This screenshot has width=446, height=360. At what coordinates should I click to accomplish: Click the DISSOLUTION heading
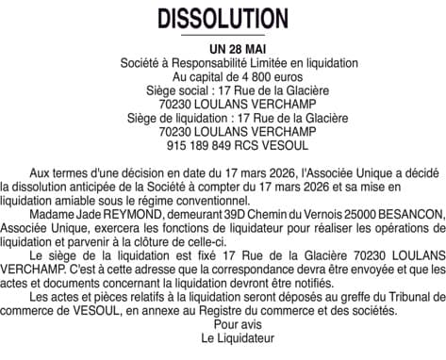[x=223, y=19]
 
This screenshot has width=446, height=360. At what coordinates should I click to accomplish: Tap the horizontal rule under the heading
[x=223, y=35]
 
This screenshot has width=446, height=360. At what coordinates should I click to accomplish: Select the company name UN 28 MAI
[x=223, y=47]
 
